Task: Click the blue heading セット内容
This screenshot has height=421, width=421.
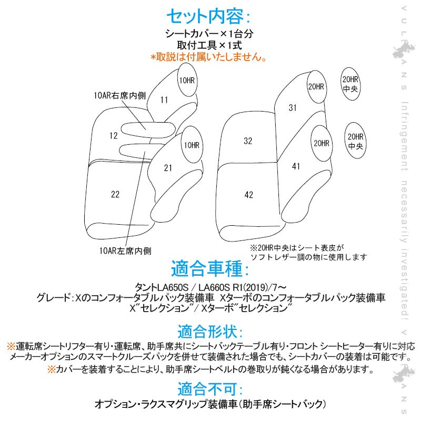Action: [208, 16]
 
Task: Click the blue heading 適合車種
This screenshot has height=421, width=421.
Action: [210, 268]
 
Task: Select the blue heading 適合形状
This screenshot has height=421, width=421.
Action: [210, 332]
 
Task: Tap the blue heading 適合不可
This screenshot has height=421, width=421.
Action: [210, 389]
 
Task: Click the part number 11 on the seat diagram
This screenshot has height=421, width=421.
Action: [164, 100]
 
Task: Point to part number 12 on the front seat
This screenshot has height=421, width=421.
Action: [114, 136]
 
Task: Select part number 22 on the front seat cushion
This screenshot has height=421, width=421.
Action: [115, 194]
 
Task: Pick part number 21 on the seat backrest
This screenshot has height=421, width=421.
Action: [168, 168]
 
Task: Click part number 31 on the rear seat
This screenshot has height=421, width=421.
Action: [293, 108]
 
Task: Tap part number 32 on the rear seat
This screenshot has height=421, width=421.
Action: [248, 141]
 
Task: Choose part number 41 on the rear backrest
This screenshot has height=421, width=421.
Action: [296, 166]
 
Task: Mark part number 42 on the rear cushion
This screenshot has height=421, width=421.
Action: [248, 195]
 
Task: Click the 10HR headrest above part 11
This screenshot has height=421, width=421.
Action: [187, 80]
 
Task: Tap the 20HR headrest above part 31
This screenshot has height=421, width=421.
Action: [317, 87]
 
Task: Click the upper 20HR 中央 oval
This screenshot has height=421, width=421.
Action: [350, 84]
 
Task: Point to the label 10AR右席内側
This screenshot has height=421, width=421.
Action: [120, 95]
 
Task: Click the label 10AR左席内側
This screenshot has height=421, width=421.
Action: [125, 251]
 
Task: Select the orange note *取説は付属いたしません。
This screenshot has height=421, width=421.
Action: [208, 57]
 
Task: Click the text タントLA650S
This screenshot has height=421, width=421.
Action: [162, 287]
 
